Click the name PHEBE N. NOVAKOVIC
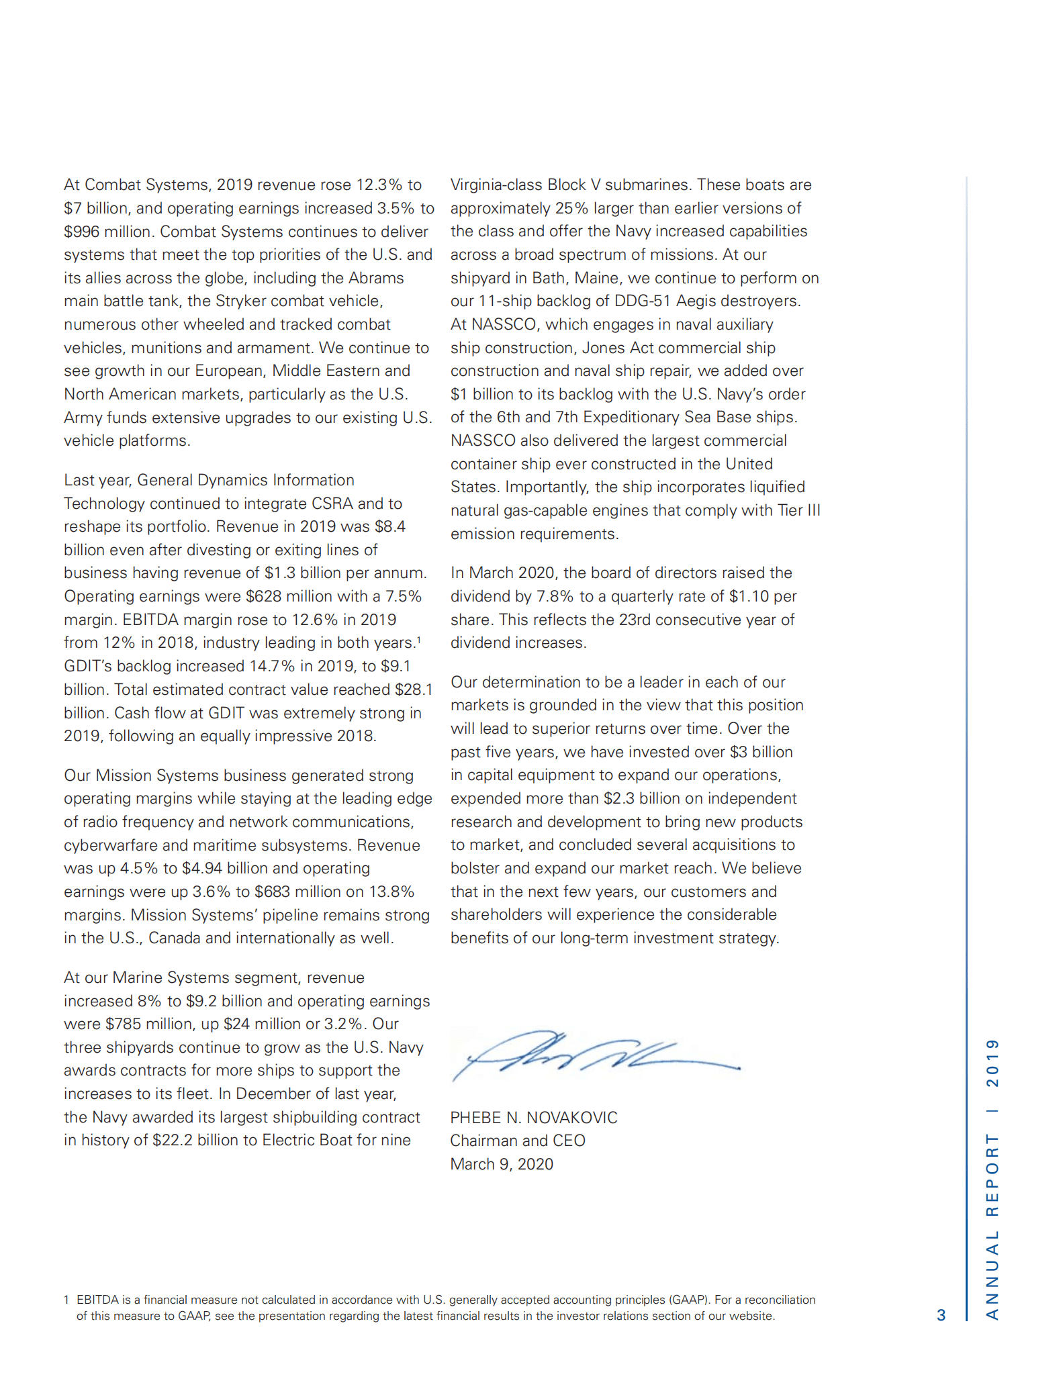(533, 1118)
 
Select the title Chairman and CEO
(517, 1141)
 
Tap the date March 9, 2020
(501, 1164)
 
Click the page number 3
(941, 1315)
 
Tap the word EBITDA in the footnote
(97, 1300)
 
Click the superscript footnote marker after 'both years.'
(419, 639)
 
